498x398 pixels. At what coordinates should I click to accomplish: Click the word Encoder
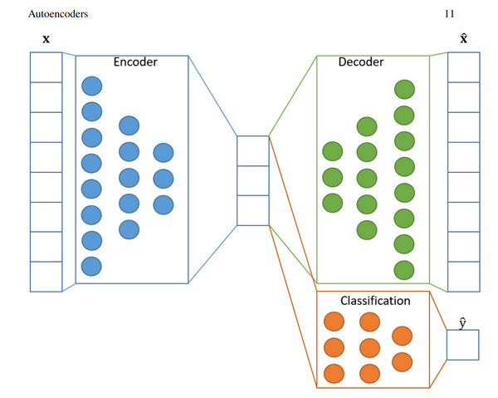point(135,62)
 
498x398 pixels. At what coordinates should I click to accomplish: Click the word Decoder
point(361,62)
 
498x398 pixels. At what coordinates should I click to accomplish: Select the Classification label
point(375,300)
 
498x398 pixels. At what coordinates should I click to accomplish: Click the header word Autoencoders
point(58,13)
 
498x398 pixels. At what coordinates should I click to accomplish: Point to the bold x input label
point(46,39)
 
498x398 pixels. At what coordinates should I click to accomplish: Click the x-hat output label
point(463,38)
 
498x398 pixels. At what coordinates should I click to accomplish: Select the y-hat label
point(462,321)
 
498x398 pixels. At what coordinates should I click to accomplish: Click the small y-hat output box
point(462,344)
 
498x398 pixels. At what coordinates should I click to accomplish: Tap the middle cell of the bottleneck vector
point(253,180)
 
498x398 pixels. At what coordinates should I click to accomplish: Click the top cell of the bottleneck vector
point(253,150)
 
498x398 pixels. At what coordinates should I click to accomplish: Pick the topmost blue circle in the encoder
point(91,86)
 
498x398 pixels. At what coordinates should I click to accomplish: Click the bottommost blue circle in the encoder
point(91,266)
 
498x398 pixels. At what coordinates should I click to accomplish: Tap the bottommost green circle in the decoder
point(404,269)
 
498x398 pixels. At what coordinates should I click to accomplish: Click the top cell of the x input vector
point(46,67)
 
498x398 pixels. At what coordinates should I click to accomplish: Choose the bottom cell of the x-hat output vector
point(463,277)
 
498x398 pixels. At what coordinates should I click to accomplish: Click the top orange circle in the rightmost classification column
point(402,336)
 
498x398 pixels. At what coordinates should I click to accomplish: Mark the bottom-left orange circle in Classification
point(334,372)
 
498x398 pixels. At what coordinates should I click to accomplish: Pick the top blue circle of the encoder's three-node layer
point(164,153)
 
